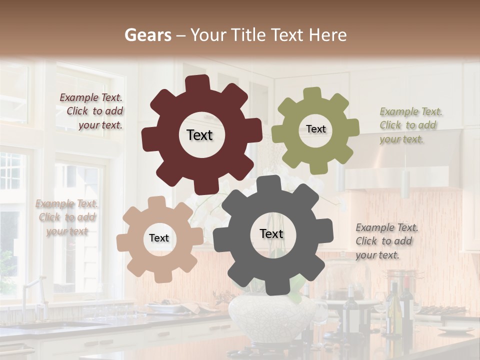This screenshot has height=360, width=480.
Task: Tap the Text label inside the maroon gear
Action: click(199, 135)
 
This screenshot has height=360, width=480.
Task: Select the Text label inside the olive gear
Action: click(315, 129)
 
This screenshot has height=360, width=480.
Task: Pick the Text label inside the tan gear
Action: click(159, 238)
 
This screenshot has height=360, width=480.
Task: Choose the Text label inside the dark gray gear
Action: click(271, 233)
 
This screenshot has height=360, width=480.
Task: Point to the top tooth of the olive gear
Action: click(312, 94)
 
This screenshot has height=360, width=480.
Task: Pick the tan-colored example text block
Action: click(67, 217)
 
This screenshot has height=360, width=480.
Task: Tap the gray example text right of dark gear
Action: click(386, 241)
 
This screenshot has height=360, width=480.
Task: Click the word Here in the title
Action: click(328, 35)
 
